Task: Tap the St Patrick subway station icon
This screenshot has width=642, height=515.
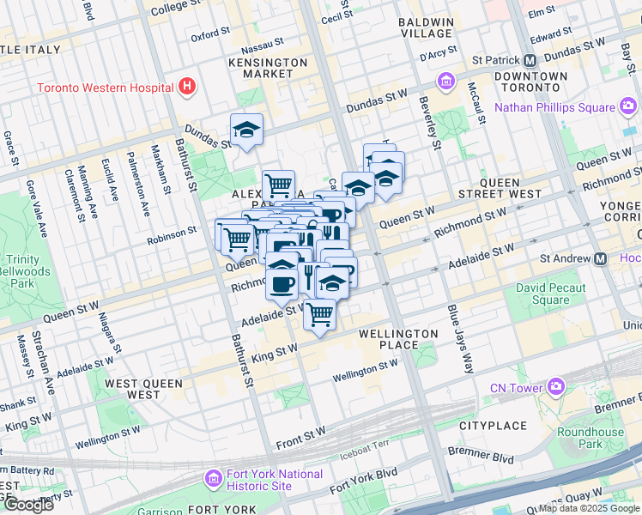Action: click(530, 61)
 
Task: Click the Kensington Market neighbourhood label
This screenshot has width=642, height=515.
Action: click(268, 68)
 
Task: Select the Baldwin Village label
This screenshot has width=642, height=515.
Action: click(427, 27)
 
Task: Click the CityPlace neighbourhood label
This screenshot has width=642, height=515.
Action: click(492, 425)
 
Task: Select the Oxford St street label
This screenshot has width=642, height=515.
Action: click(210, 37)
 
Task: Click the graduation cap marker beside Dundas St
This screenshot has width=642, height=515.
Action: click(246, 130)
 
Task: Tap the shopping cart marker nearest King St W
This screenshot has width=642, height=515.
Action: click(319, 315)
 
